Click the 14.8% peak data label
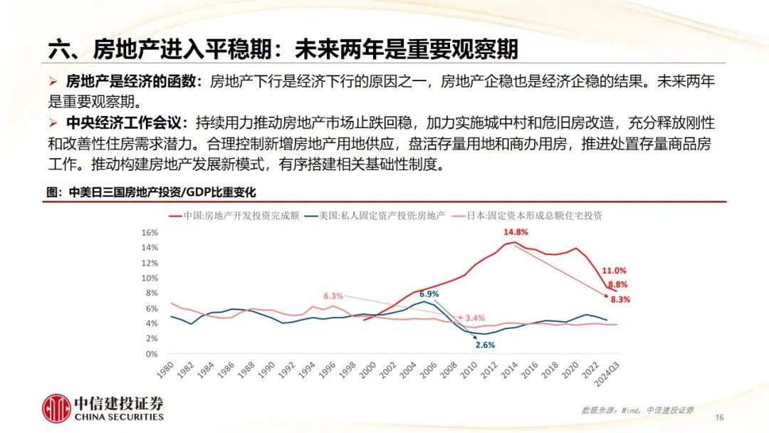pos(516,232)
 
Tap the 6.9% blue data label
pos(429,293)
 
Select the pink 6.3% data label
pos(333,296)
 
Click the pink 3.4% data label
pos(475,318)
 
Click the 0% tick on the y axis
pos(151,354)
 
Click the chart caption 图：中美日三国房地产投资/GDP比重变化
pos(151,192)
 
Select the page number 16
pos(718,417)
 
